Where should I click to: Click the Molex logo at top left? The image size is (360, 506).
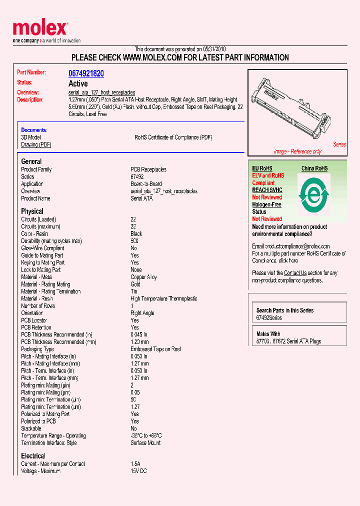click(x=40, y=29)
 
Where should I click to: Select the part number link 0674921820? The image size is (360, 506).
click(x=86, y=73)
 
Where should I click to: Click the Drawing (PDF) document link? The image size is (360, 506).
click(x=36, y=144)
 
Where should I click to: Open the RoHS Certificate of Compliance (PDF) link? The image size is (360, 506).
click(x=173, y=137)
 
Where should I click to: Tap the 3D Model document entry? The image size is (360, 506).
click(x=31, y=137)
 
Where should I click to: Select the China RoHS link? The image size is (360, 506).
click(x=314, y=168)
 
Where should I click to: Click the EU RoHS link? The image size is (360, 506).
click(x=262, y=168)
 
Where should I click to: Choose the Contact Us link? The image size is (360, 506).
click(x=295, y=273)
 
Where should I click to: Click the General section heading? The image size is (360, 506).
click(x=31, y=161)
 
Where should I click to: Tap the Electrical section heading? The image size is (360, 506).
click(x=33, y=456)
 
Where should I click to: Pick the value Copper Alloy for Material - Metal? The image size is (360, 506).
click(x=143, y=277)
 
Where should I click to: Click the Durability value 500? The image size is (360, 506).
click(x=134, y=241)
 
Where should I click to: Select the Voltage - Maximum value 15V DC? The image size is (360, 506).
click(x=138, y=471)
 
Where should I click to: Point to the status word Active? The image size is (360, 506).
click(x=78, y=83)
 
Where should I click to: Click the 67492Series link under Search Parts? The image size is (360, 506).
click(x=269, y=318)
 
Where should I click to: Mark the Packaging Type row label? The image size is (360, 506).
click(x=37, y=349)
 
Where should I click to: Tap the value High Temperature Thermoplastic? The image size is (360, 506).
click(x=163, y=298)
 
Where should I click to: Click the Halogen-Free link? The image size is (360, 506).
click(x=266, y=204)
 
